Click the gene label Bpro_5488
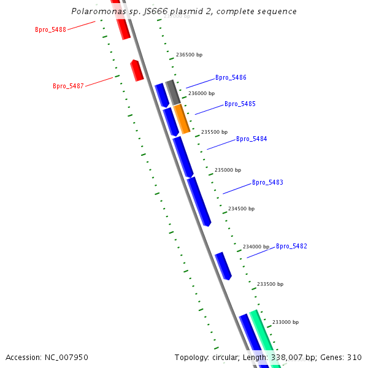coord(50,29)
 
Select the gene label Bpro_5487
coord(68,86)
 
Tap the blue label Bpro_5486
coord(231,78)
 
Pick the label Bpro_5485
coord(240,104)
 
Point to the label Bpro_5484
coord(251,139)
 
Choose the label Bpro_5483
coord(267,183)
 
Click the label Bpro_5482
coord(291,247)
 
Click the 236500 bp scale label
coord(189,55)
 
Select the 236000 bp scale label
coord(201,94)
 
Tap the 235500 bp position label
coord(214,132)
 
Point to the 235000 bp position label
coord(228,170)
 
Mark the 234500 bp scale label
coord(241,209)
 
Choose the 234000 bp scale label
coord(256,247)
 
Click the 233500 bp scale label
coord(270,285)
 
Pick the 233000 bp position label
coord(285,322)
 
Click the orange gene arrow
coord(182,119)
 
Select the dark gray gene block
coord(173,92)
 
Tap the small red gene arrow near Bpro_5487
coord(137,71)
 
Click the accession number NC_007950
coord(47,357)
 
